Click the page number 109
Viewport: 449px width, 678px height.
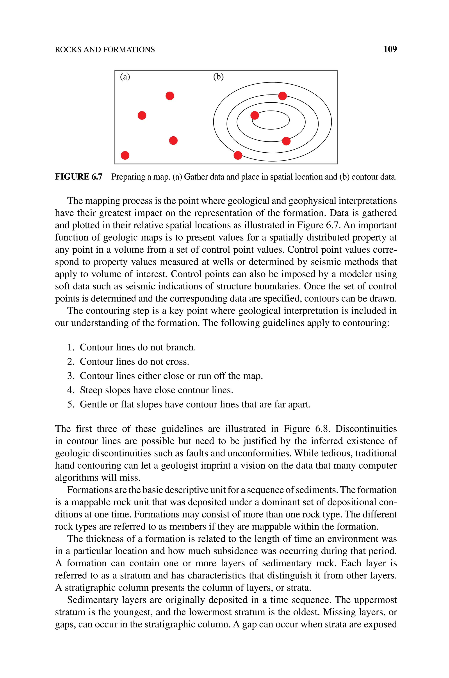click(x=390, y=49)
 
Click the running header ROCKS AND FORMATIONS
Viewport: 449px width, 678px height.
click(x=105, y=50)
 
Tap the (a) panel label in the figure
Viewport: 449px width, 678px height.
click(x=125, y=77)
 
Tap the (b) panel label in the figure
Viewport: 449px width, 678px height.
click(x=218, y=77)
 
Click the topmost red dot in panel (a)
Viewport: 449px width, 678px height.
click(x=170, y=96)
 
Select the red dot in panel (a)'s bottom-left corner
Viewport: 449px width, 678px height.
click(x=125, y=155)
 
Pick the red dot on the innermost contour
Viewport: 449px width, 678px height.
click(x=255, y=115)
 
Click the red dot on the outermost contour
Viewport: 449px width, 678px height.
click(x=238, y=155)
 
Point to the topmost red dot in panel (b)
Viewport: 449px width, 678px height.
click(x=282, y=96)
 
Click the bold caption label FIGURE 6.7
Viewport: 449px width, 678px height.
click(x=78, y=177)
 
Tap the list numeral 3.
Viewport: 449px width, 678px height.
click(x=70, y=376)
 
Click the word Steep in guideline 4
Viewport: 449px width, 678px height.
click(x=91, y=390)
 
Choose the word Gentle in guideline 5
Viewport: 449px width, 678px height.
click(x=93, y=404)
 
